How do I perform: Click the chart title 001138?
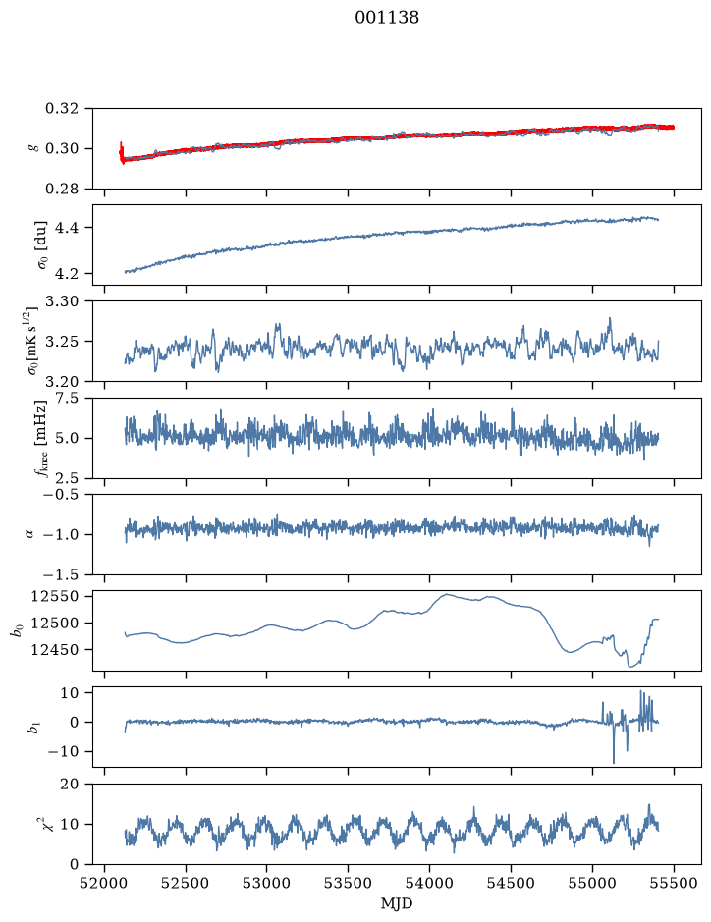(x=387, y=18)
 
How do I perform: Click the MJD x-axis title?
(x=397, y=903)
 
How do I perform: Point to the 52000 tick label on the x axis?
(x=105, y=883)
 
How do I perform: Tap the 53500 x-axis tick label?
(x=349, y=883)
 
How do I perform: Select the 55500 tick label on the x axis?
(x=674, y=883)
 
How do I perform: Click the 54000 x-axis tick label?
(x=429, y=883)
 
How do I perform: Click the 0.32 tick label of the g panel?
(x=61, y=109)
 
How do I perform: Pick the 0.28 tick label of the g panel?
(x=61, y=189)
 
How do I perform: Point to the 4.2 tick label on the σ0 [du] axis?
(x=66, y=274)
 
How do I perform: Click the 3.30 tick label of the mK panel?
(x=61, y=301)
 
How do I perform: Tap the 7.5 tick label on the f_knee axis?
(x=66, y=398)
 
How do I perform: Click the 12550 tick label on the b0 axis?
(x=54, y=596)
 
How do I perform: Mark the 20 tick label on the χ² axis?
(x=70, y=785)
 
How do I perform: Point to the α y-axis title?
(x=30, y=534)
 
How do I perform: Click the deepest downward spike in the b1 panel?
(x=614, y=762)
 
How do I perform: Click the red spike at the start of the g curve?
(x=121, y=152)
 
